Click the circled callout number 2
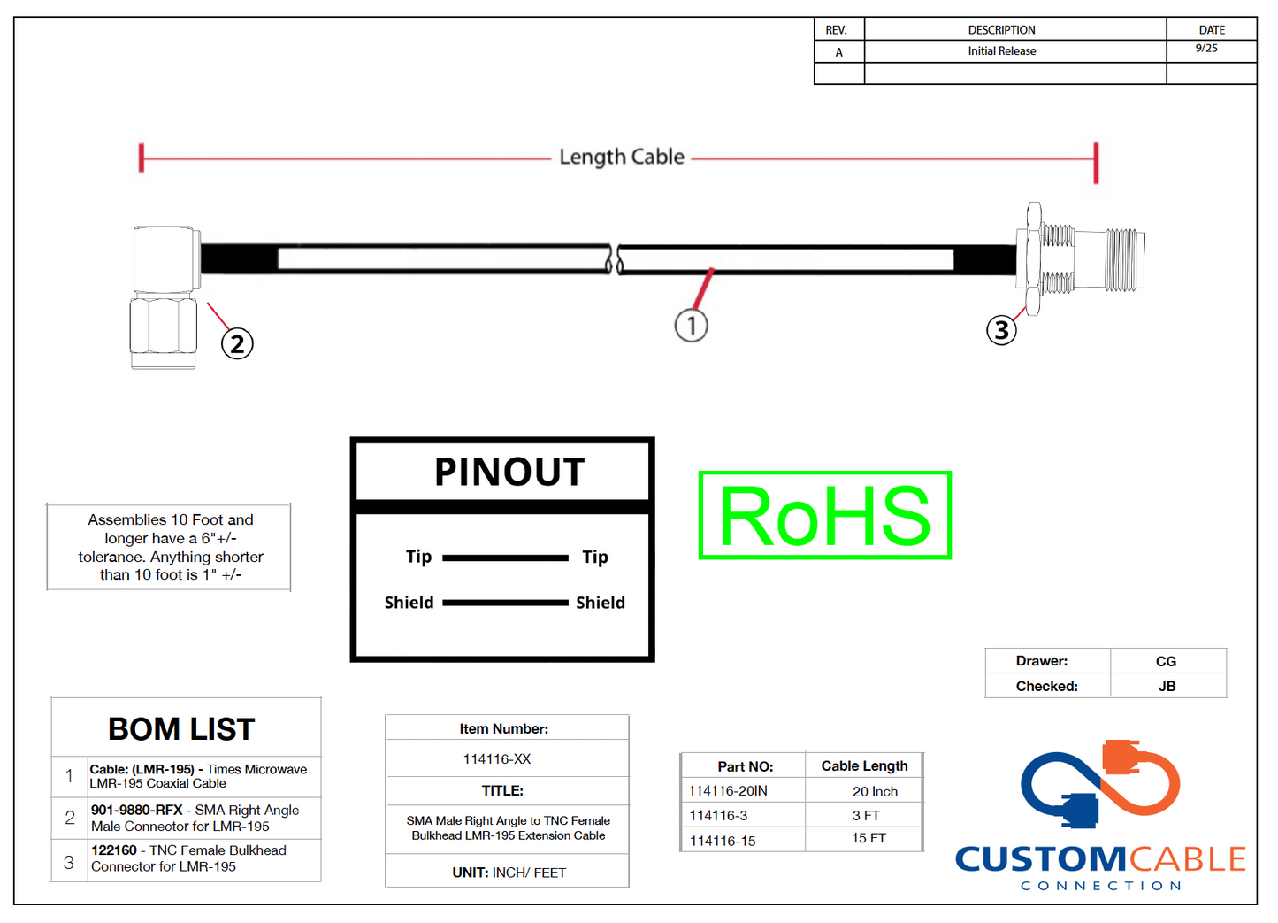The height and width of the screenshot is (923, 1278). pyautogui.click(x=237, y=343)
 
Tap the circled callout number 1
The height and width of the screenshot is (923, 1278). pyautogui.click(x=691, y=326)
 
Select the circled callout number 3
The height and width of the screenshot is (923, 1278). pyautogui.click(x=1001, y=330)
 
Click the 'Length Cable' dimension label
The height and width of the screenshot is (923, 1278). pyautogui.click(x=622, y=157)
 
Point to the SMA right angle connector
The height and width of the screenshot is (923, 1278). pyautogui.click(x=165, y=296)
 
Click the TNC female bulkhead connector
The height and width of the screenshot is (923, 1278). pyautogui.click(x=1081, y=259)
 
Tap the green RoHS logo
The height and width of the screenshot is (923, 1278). pyautogui.click(x=824, y=515)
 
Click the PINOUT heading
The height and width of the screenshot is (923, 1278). pyautogui.click(x=509, y=472)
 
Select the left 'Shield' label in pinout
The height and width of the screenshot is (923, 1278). pyautogui.click(x=409, y=603)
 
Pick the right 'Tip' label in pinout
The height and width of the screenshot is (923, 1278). pyautogui.click(x=595, y=557)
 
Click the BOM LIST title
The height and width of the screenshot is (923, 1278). pyautogui.click(x=181, y=729)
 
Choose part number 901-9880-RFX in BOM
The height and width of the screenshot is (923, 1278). pyautogui.click(x=137, y=810)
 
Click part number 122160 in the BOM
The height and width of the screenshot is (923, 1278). pyautogui.click(x=114, y=850)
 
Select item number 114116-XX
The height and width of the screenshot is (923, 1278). pyautogui.click(x=497, y=759)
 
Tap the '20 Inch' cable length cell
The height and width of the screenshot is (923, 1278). pyautogui.click(x=875, y=791)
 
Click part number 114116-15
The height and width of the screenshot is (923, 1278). pyautogui.click(x=723, y=841)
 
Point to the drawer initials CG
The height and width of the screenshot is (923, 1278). pyautogui.click(x=1166, y=661)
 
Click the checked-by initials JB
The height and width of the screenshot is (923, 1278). pyautogui.click(x=1167, y=686)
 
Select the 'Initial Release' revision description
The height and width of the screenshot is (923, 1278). pyautogui.click(x=1001, y=51)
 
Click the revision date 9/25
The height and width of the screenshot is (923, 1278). pyautogui.click(x=1206, y=49)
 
